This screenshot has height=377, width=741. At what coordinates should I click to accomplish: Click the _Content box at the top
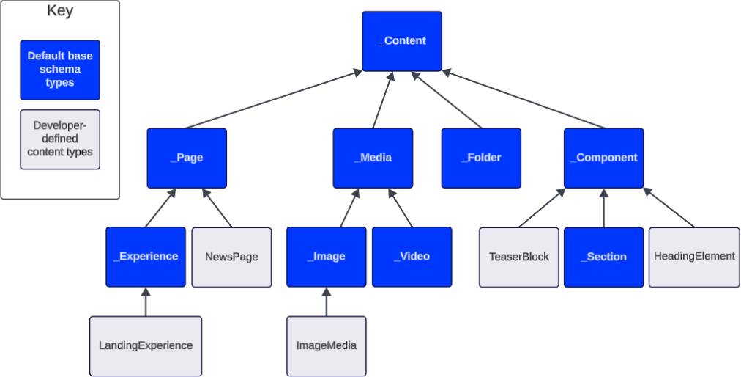[x=402, y=41]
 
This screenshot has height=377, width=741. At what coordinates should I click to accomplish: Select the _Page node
[x=187, y=158]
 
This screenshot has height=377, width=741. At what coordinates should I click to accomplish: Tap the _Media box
[x=373, y=158]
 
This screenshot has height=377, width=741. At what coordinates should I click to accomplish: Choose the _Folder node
[x=481, y=158]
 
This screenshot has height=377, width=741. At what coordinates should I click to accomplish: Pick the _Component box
[x=603, y=158]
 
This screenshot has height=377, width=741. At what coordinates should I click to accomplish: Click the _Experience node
[x=146, y=257]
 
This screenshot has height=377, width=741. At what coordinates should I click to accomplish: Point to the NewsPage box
[x=231, y=257]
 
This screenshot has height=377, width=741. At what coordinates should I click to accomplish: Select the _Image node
[x=326, y=257]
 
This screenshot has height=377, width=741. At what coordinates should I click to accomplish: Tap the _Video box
[x=412, y=257]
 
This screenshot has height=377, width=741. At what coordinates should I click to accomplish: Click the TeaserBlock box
[x=518, y=257]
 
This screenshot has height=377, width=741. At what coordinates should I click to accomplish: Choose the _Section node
[x=603, y=257]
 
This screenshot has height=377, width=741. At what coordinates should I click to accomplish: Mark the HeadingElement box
[x=693, y=257]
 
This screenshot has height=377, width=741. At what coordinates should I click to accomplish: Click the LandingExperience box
[x=146, y=345]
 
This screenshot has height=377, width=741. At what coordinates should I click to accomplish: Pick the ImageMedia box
[x=326, y=345]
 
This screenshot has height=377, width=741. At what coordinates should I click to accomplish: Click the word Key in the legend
[x=60, y=12]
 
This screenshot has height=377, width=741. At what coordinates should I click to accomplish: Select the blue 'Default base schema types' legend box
[x=60, y=70]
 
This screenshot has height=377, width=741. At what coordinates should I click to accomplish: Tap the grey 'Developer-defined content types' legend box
[x=60, y=139]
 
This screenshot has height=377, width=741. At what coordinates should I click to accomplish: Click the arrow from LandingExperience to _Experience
[x=146, y=301]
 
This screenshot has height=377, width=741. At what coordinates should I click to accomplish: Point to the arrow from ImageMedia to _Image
[x=326, y=301]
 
